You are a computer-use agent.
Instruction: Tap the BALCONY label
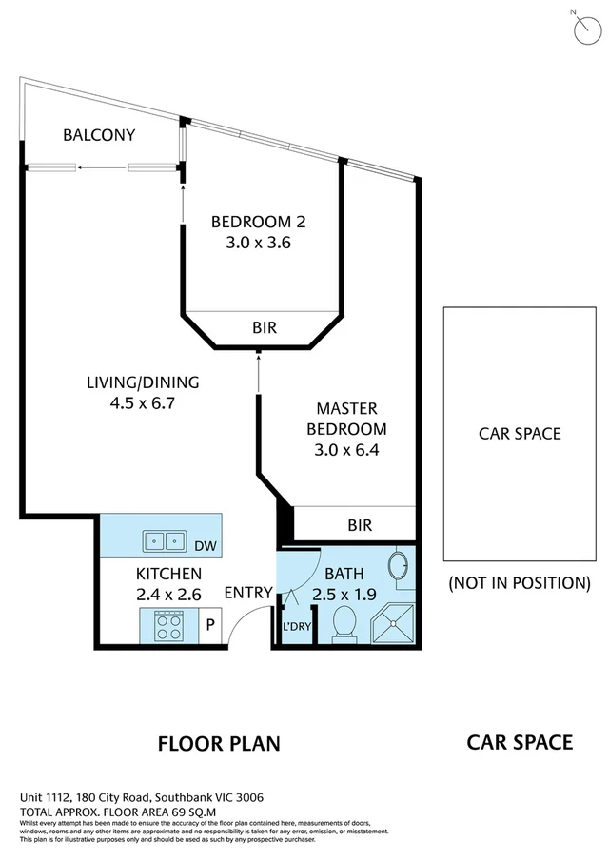[99, 135]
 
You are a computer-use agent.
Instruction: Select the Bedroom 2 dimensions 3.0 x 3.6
[257, 243]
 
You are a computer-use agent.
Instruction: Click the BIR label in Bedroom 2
[264, 328]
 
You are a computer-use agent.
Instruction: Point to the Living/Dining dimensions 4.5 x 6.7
[143, 402]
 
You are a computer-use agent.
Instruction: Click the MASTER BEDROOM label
[346, 418]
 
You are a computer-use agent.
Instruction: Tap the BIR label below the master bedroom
[360, 525]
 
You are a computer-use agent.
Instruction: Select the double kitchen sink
[165, 541]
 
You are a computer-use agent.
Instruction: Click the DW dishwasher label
[205, 546]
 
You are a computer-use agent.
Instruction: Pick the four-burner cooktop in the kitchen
[169, 627]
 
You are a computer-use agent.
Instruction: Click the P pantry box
[210, 626]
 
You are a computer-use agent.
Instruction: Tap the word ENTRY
[248, 594]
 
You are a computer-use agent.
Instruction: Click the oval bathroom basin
[401, 565]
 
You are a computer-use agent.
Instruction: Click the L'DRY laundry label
[297, 628]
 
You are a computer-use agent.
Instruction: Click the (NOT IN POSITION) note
[519, 583]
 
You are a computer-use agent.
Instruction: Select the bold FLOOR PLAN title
[219, 743]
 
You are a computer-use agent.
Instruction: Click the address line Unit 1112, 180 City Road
[142, 797]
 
